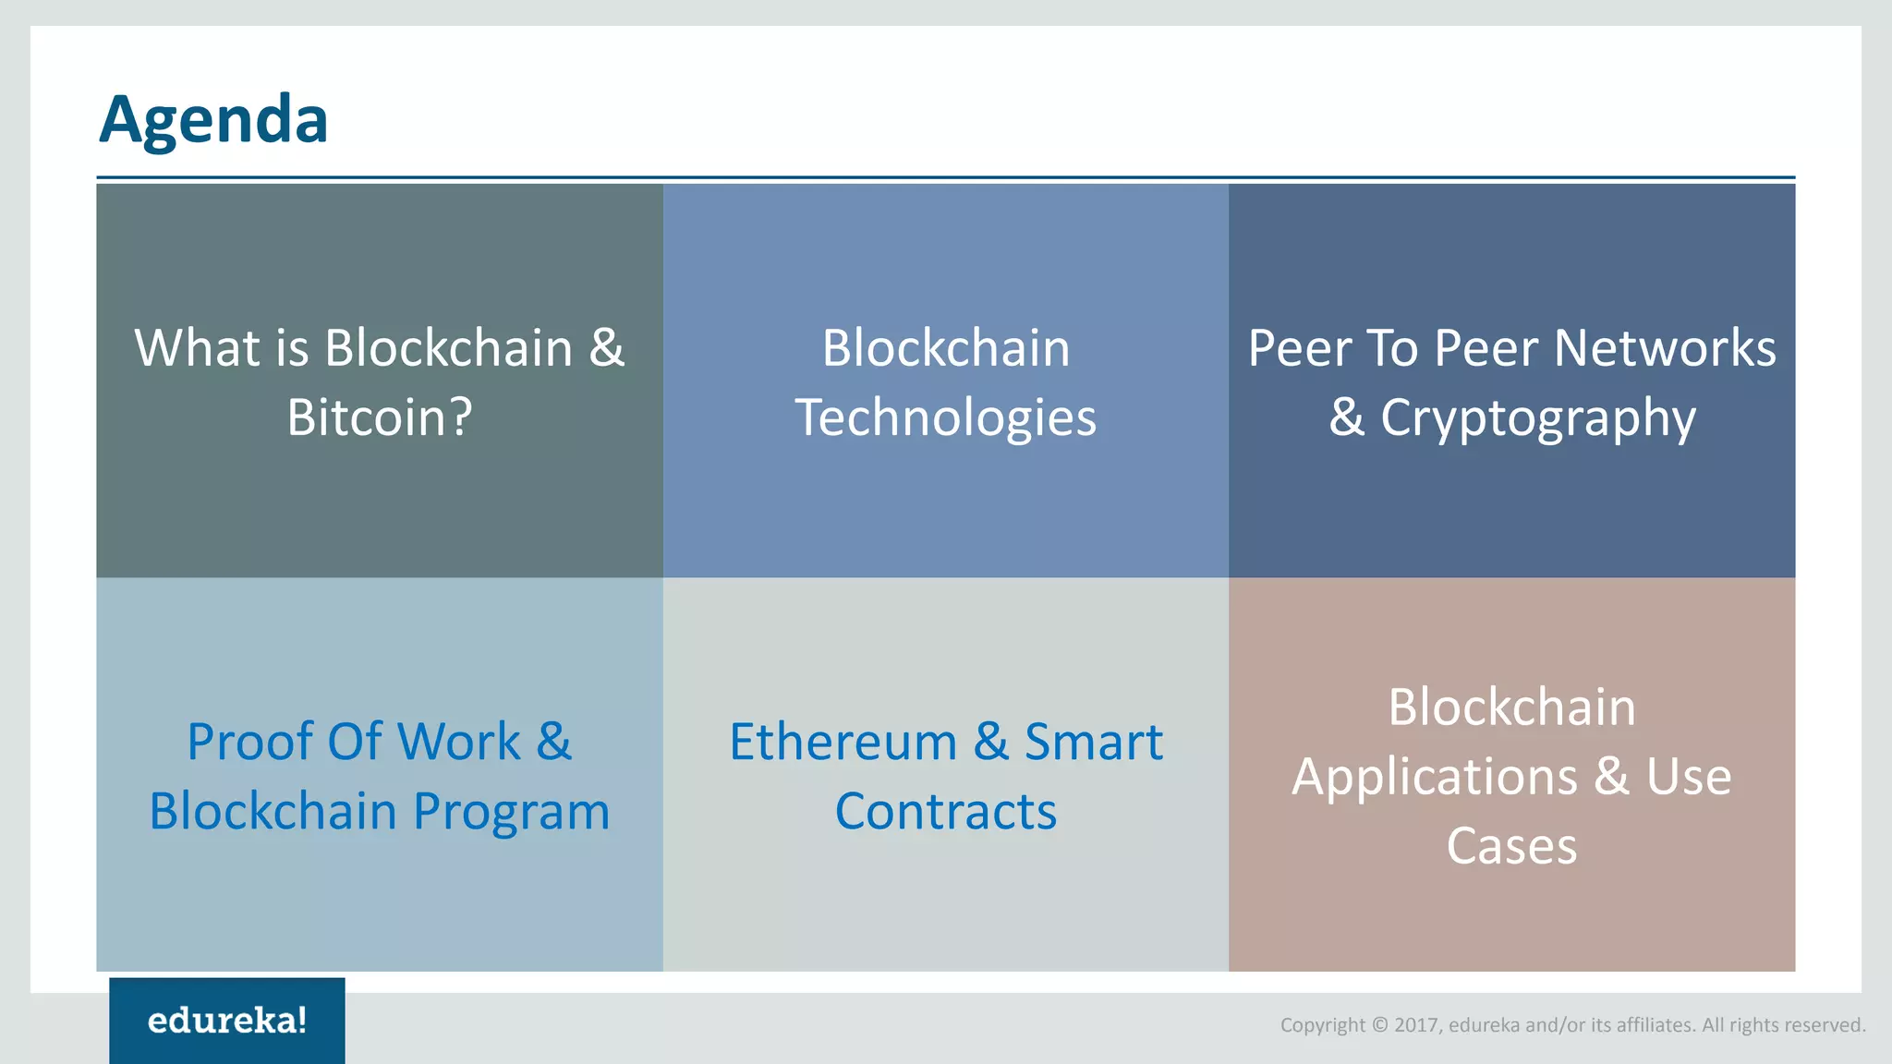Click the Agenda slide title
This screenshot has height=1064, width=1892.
coord(213,120)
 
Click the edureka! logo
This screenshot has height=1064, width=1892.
coord(227,1021)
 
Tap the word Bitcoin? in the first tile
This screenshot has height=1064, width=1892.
coord(380,417)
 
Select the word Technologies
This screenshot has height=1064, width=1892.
coord(946,417)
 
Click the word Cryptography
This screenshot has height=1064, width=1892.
coord(1538,417)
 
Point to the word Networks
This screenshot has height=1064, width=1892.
coord(1665,348)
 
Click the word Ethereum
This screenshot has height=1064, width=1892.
coord(843,742)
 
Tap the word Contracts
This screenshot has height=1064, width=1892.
coord(946,812)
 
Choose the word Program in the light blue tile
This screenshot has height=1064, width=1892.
coord(511,812)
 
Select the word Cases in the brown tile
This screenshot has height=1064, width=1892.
coord(1511,846)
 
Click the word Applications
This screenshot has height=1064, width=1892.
coord(1434,776)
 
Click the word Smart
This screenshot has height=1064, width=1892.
coord(1094,742)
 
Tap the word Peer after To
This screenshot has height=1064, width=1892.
coord(1486,348)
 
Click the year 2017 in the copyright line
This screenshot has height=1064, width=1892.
coord(1417,1025)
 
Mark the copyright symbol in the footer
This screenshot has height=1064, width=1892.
coord(1380,1025)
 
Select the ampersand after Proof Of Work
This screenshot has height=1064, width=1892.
coord(554,742)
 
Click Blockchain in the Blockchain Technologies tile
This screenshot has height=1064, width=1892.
coord(946,348)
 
